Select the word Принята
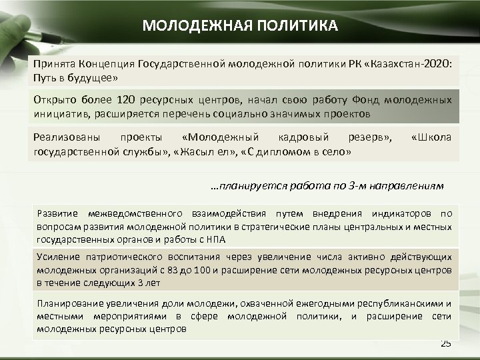coord(54,65)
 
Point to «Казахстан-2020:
coord(408,65)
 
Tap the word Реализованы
coord(67,138)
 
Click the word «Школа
coord(431,138)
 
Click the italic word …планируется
coord(247,186)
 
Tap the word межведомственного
coord(139,214)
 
